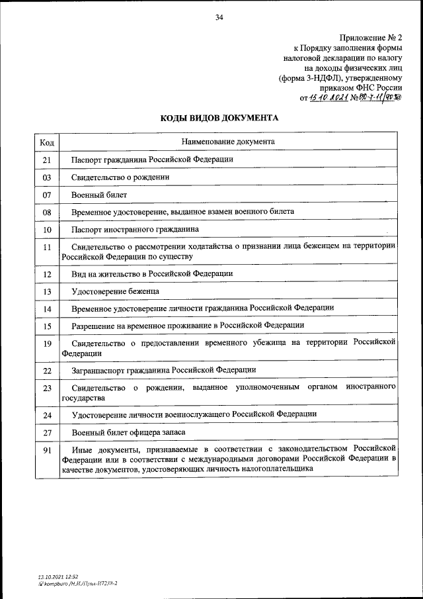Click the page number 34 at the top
pyautogui.click(x=219, y=18)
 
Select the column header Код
pyautogui.click(x=47, y=142)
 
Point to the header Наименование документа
pyautogui.click(x=227, y=142)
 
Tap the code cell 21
pyautogui.click(x=47, y=160)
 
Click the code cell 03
pyautogui.click(x=47, y=177)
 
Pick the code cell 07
pyautogui.click(x=47, y=195)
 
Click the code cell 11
pyautogui.click(x=47, y=248)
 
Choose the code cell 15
pyautogui.click(x=47, y=326)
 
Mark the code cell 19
pyautogui.click(x=47, y=343)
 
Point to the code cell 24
pyautogui.click(x=47, y=415)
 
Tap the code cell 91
pyautogui.click(x=47, y=450)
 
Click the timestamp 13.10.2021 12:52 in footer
pyautogui.click(x=59, y=578)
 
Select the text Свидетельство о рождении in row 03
pyautogui.click(x=121, y=177)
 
